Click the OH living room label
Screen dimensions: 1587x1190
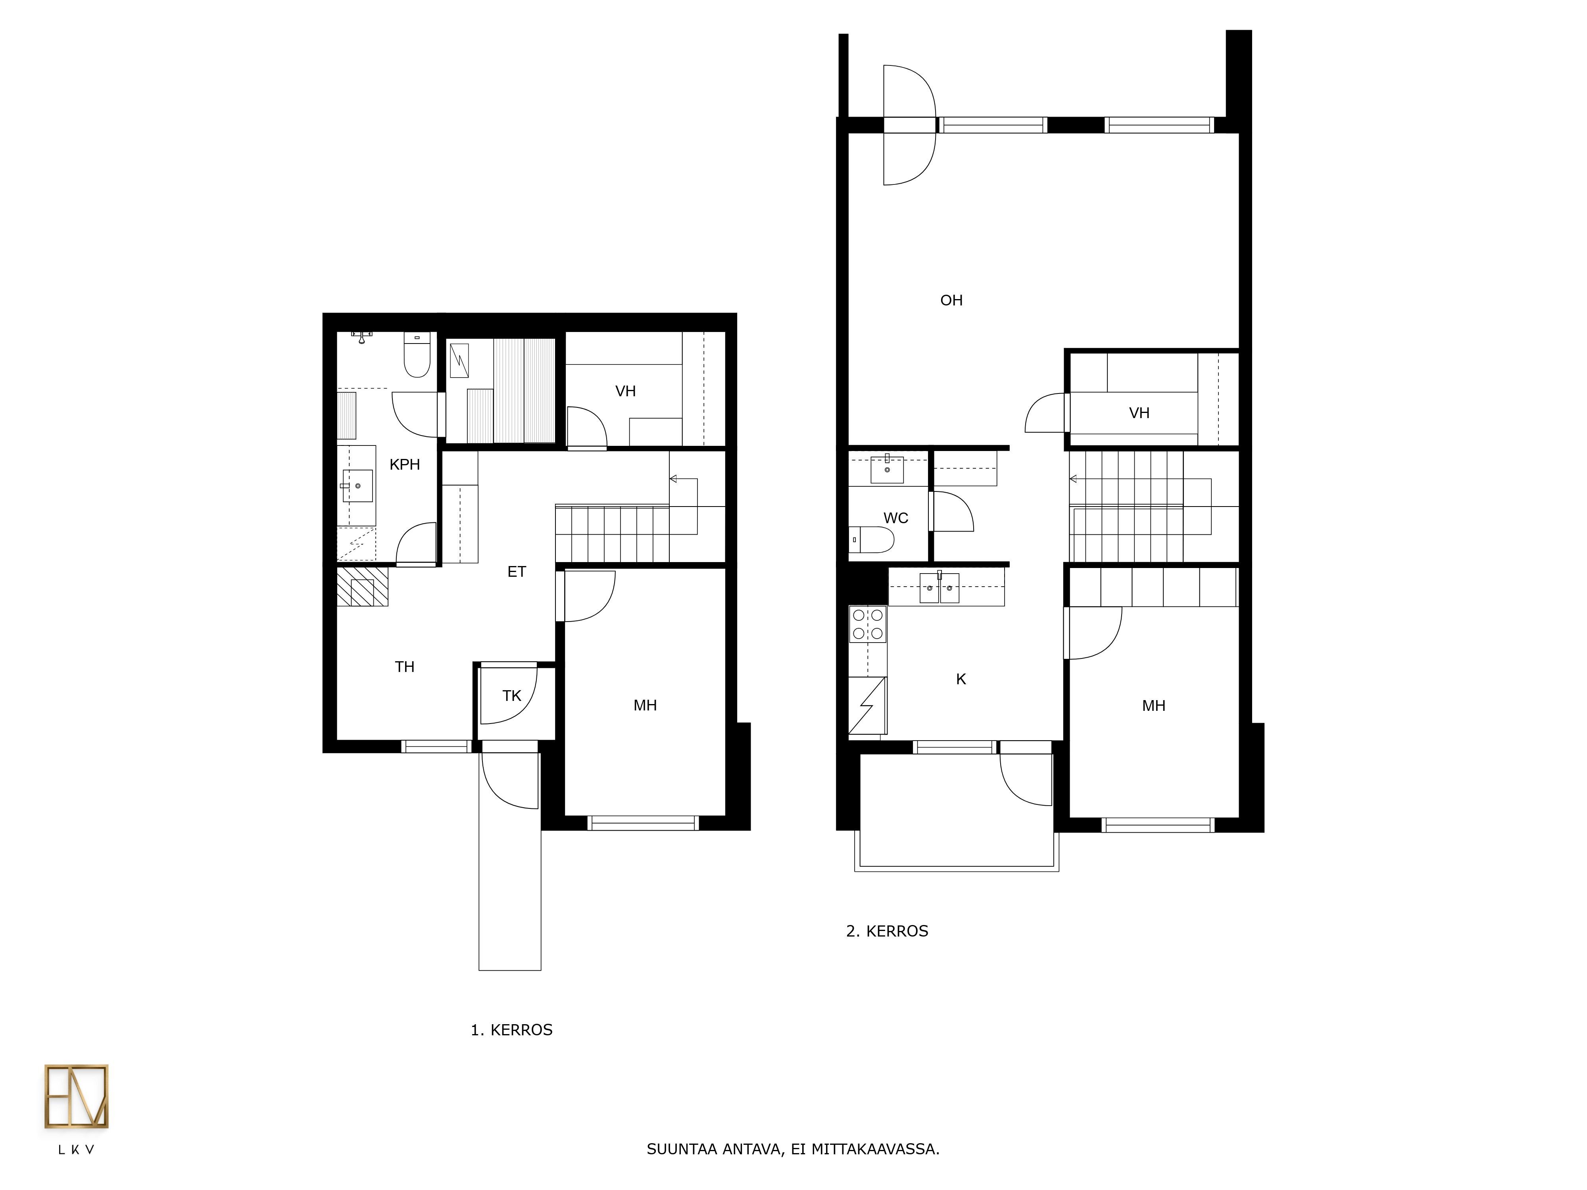coord(951,301)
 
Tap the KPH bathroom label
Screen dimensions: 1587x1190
coord(405,465)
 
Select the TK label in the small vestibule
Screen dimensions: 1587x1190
coord(511,696)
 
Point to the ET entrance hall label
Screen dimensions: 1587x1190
coord(517,572)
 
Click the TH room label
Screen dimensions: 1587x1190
coord(405,667)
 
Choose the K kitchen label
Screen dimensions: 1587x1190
coord(961,679)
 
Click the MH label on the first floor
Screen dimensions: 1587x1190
coord(645,706)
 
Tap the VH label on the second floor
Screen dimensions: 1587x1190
coord(1139,413)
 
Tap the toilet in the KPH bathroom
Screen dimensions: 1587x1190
coord(417,354)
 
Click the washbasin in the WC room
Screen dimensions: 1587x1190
coord(887,469)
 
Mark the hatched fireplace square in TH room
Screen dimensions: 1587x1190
coord(362,587)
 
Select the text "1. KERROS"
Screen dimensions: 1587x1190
coord(511,1030)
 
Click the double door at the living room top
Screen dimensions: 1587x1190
coord(910,125)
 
